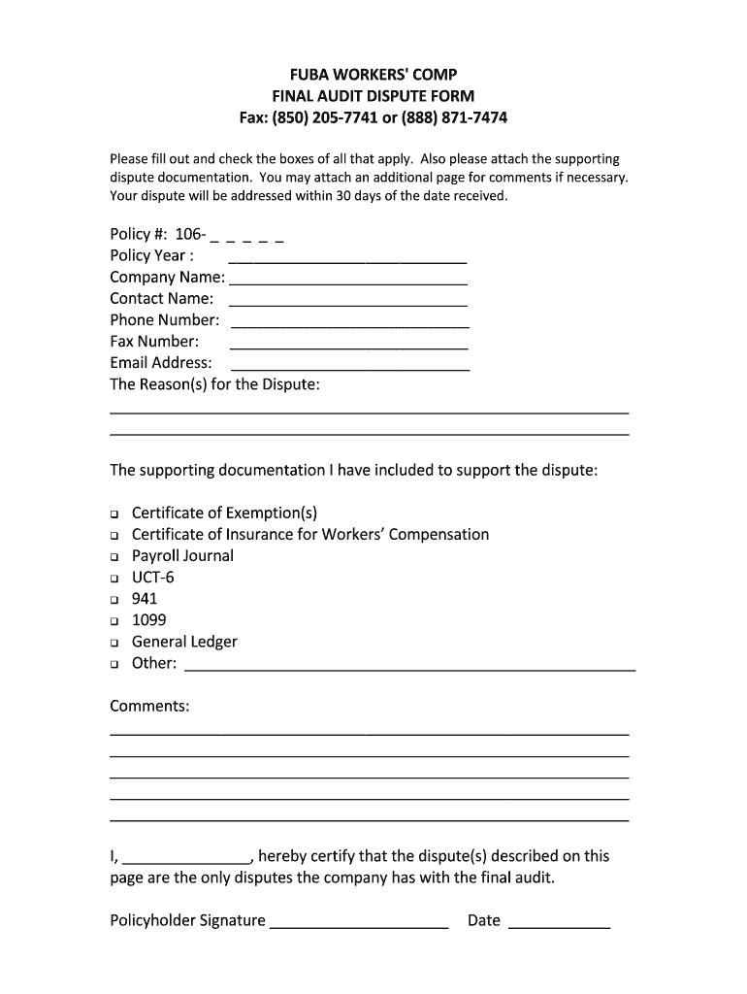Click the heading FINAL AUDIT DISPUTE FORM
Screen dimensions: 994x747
click(373, 96)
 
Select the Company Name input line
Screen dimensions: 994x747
click(348, 282)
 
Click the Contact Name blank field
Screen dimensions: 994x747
click(348, 303)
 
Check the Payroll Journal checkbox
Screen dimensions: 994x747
click(114, 557)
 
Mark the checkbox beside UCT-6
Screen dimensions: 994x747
click(114, 579)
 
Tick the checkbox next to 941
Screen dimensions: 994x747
click(114, 600)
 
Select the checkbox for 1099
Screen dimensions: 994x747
click(114, 621)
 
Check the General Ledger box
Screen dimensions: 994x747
click(114, 643)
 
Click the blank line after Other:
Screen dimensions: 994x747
click(409, 667)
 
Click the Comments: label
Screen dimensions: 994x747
click(149, 707)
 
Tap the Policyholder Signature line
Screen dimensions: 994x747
click(359, 924)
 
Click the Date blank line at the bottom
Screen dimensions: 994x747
click(560, 924)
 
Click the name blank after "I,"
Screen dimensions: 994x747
click(187, 860)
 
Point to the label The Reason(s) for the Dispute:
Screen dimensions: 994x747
click(214, 385)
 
